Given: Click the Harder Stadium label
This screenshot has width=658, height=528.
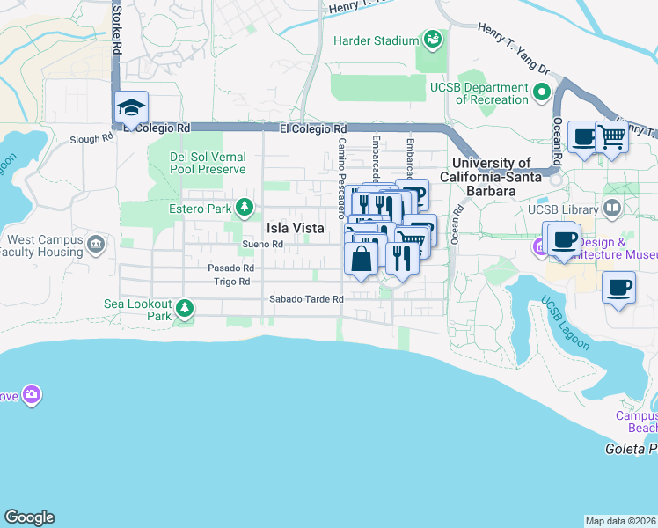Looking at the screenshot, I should click(x=376, y=40).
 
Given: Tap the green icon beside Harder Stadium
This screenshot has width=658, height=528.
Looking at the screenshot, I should click(x=432, y=39).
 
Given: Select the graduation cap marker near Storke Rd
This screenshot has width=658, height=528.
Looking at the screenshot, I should click(x=131, y=107).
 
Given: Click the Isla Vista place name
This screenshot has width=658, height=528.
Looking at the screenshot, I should click(x=296, y=227).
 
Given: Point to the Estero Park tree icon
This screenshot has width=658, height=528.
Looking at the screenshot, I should click(x=245, y=209).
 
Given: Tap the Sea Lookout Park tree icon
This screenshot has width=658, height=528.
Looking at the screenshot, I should click(x=184, y=308).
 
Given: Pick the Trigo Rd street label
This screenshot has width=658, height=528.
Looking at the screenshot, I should click(x=232, y=282).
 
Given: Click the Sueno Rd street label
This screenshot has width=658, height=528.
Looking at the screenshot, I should click(x=263, y=245).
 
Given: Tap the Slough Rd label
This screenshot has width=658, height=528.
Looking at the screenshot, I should click(x=92, y=138).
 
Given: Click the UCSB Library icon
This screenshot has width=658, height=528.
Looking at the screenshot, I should click(x=612, y=209).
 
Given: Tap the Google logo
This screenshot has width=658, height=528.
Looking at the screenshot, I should click(x=29, y=517).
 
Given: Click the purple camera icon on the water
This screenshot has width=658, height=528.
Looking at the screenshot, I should click(x=33, y=394).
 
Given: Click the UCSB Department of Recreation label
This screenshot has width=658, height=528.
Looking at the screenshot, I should click(x=479, y=93).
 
